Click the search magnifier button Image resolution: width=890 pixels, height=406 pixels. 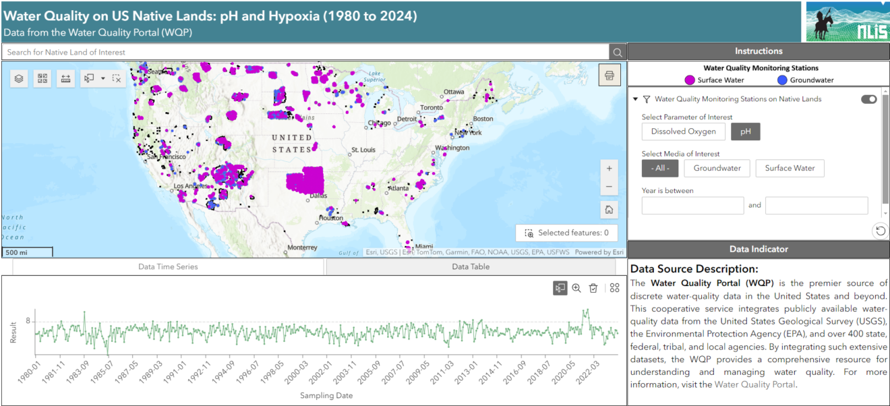coord(618,52)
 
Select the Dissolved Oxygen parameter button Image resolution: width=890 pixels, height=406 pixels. coord(684,132)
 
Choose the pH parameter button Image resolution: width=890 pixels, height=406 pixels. coord(746,132)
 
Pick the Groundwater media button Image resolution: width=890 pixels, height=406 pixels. coord(717,169)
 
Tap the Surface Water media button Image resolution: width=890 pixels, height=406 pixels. coord(790,169)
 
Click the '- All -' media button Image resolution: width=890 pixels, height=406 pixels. coord(659,169)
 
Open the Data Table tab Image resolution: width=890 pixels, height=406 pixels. coord(471,266)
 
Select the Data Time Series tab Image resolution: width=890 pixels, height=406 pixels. coord(169,266)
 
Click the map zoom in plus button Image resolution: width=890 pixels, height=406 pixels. coord(609,169)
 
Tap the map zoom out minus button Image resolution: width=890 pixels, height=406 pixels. coord(609,187)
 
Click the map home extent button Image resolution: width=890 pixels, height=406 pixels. coord(609,210)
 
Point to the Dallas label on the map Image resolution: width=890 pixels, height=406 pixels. coord(318,196)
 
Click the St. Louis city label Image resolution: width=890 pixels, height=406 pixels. coord(363,150)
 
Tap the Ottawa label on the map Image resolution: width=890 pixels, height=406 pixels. coord(454,92)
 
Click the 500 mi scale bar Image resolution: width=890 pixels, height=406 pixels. coord(27,253)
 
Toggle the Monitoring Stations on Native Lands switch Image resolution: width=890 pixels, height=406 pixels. coord(868,99)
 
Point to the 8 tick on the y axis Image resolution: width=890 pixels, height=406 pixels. coord(28,321)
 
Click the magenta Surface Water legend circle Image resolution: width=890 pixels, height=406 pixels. coord(690,80)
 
